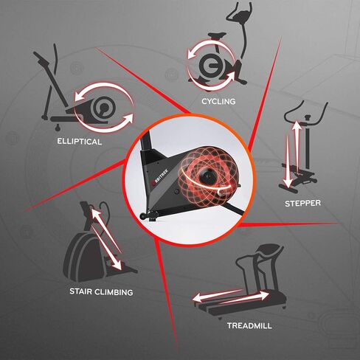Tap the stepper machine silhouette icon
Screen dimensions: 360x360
tap(300, 151)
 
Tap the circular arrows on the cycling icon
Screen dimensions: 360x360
tap(210, 63)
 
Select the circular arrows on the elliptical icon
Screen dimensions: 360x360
tap(104, 108)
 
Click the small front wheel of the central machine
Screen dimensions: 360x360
tap(142, 216)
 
